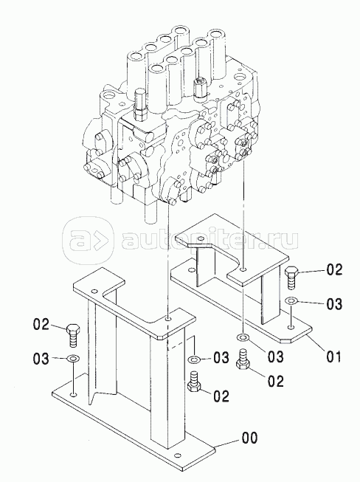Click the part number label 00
tap(249, 438)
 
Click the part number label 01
tap(333, 357)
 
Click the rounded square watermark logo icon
tap(89, 240)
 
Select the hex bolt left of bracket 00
tap(73, 335)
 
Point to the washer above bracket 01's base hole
tap(291, 300)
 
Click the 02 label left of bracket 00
tap(41, 324)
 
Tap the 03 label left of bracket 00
tap(41, 359)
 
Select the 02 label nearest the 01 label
tap(275, 381)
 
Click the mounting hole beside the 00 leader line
tap(177, 455)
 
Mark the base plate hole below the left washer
tap(73, 395)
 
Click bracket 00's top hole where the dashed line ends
tap(167, 320)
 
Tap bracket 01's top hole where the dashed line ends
tap(243, 269)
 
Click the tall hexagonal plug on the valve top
tap(140, 105)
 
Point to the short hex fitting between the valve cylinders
tap(199, 89)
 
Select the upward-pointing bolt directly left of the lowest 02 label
tap(194, 382)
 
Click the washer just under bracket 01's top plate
tap(243, 338)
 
